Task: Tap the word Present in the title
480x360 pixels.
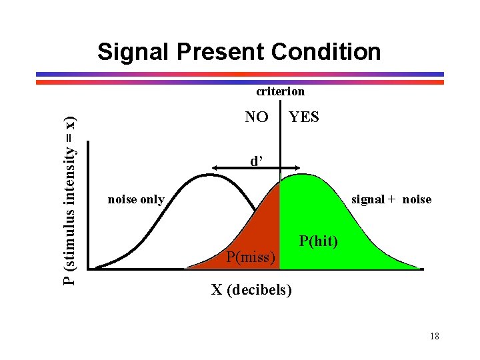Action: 218,52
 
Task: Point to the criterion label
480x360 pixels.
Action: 281,91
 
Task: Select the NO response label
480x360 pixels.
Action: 257,117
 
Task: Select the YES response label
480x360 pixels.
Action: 304,117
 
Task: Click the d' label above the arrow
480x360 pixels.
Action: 256,161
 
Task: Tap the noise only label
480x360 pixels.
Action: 136,199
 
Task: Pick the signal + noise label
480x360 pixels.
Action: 391,199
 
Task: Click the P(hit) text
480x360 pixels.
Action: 319,241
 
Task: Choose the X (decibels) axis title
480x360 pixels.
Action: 251,291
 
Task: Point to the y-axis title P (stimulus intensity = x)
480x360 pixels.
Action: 69,201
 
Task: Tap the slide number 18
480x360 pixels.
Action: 434,336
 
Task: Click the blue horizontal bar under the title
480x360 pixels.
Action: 240,74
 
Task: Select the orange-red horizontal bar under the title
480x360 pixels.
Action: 240,82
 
